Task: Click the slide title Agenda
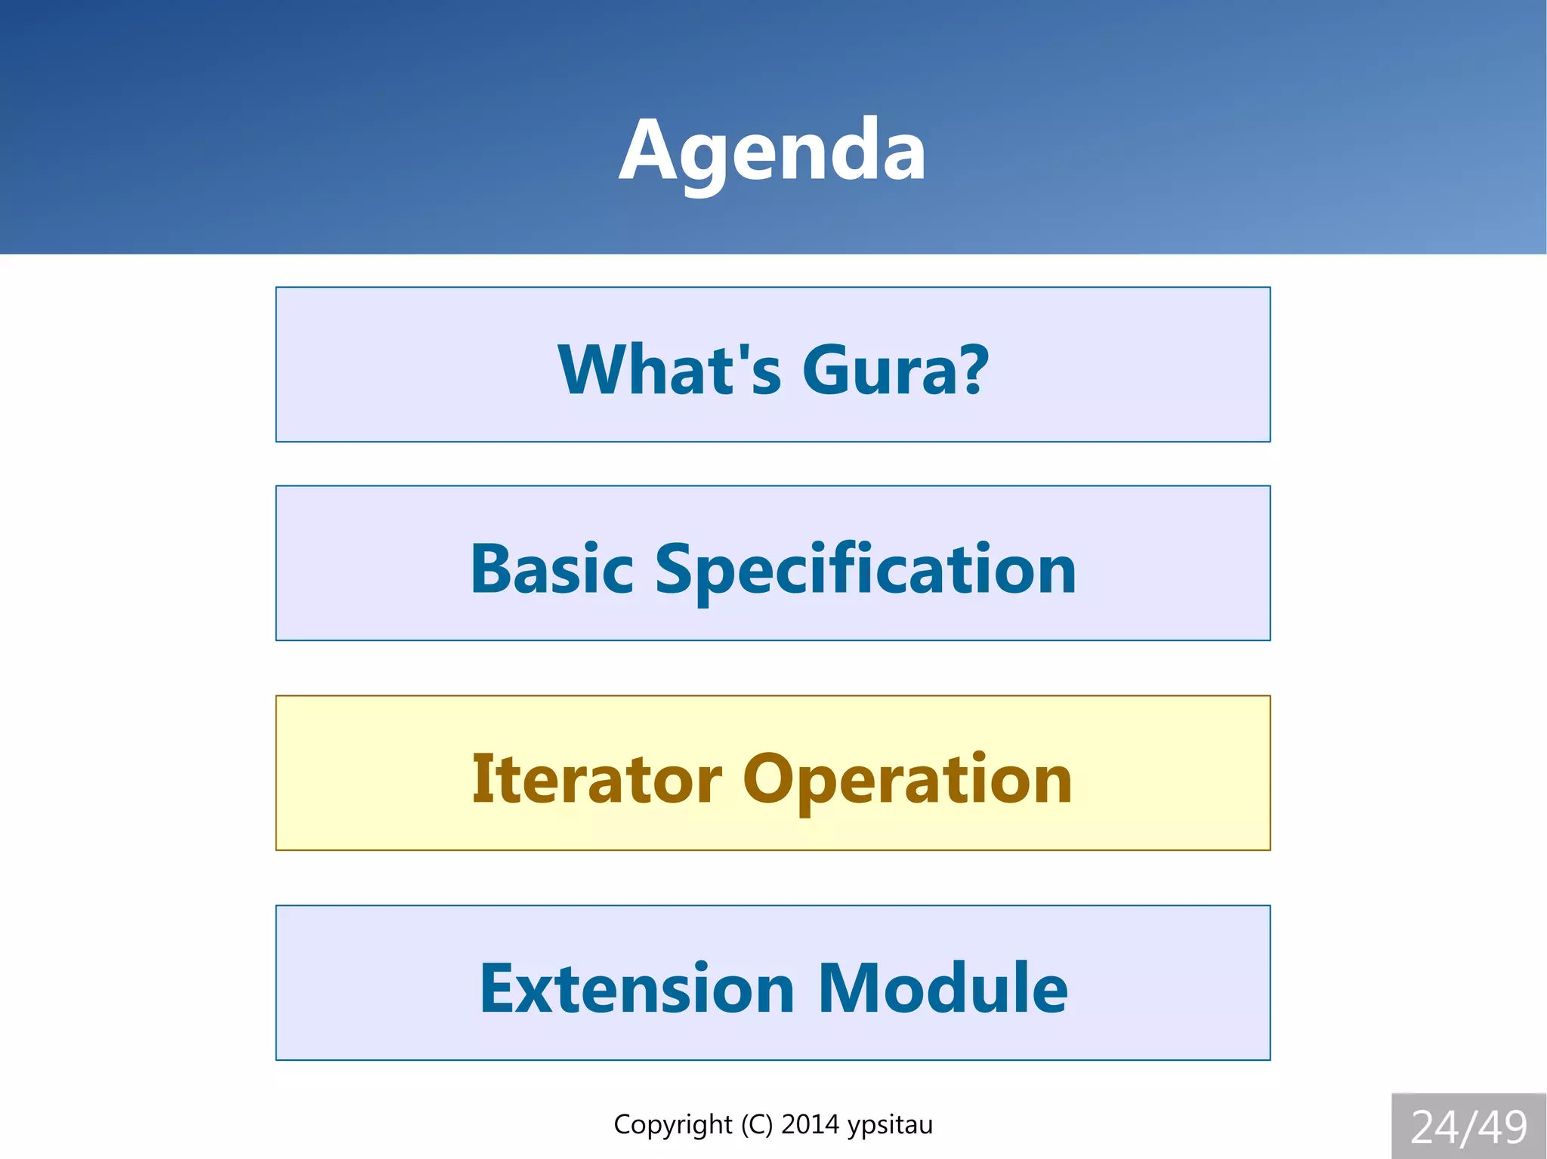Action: click(x=772, y=151)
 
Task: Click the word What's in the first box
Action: click(x=669, y=370)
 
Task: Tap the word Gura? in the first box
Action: click(x=894, y=370)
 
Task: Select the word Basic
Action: click(x=551, y=569)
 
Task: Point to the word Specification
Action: click(x=865, y=571)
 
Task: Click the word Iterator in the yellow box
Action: click(x=597, y=779)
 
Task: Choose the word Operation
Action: click(x=907, y=781)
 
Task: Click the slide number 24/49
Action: click(x=1468, y=1127)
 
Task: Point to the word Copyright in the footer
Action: click(x=672, y=1125)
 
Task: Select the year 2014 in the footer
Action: click(x=810, y=1125)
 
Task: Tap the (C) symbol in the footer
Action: click(x=756, y=1125)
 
